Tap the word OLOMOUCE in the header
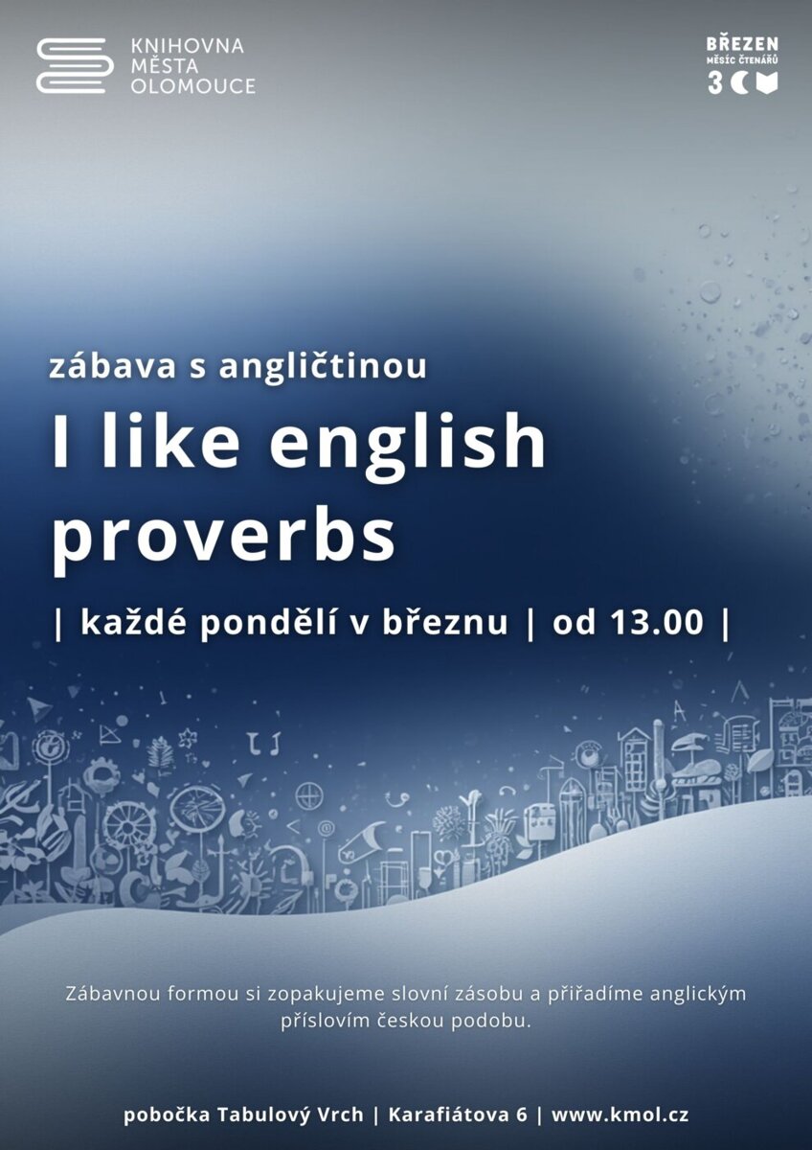[192, 86]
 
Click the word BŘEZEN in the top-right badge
[742, 44]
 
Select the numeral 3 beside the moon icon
[714, 83]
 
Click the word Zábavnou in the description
[114, 994]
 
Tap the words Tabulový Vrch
[290, 1115]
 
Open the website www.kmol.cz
[620, 1115]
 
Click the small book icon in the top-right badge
[767, 83]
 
